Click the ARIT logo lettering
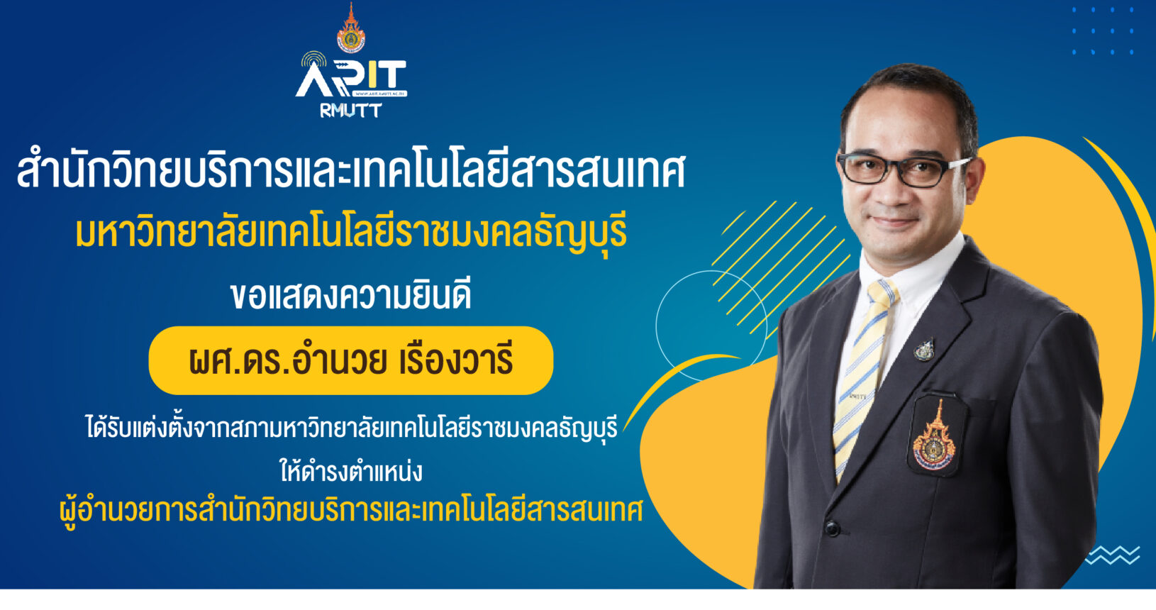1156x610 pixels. click(x=351, y=78)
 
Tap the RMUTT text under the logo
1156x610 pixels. click(x=351, y=111)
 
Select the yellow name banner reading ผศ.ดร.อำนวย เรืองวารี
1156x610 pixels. click(x=351, y=361)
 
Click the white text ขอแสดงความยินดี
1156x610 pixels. click(x=351, y=296)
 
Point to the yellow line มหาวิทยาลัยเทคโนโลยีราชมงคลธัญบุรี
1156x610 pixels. click(x=351, y=233)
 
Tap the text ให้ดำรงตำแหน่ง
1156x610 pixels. click(x=351, y=471)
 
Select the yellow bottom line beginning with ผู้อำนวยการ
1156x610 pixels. click(x=351, y=511)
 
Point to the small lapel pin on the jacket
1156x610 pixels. click(x=924, y=350)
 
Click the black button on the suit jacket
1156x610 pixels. click(x=832, y=528)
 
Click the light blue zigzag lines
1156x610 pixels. click(x=1113, y=555)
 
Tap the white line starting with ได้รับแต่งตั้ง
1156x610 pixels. click(x=351, y=428)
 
